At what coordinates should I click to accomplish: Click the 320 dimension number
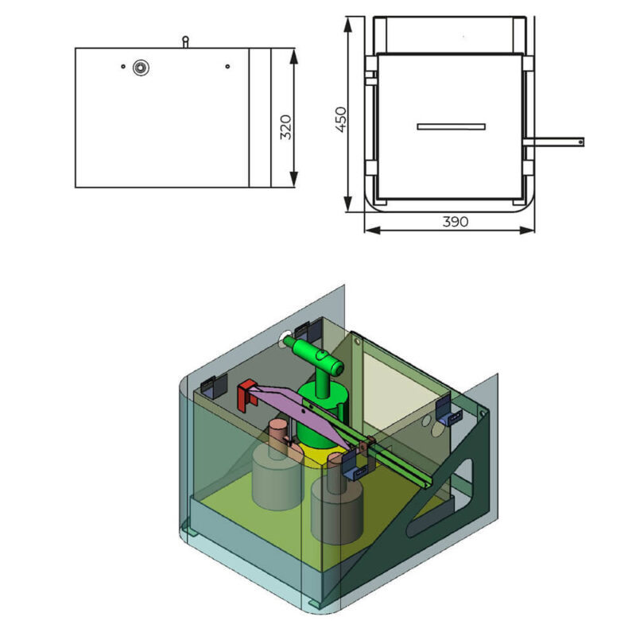(286, 127)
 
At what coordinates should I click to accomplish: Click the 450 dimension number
(341, 119)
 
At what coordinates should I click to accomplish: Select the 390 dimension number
(455, 222)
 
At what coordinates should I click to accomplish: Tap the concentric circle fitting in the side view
(141, 68)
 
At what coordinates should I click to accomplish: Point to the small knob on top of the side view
(185, 41)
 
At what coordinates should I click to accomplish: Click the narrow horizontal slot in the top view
(451, 126)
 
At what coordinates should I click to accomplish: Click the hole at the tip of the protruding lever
(580, 142)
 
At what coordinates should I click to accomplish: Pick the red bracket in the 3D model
(246, 394)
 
